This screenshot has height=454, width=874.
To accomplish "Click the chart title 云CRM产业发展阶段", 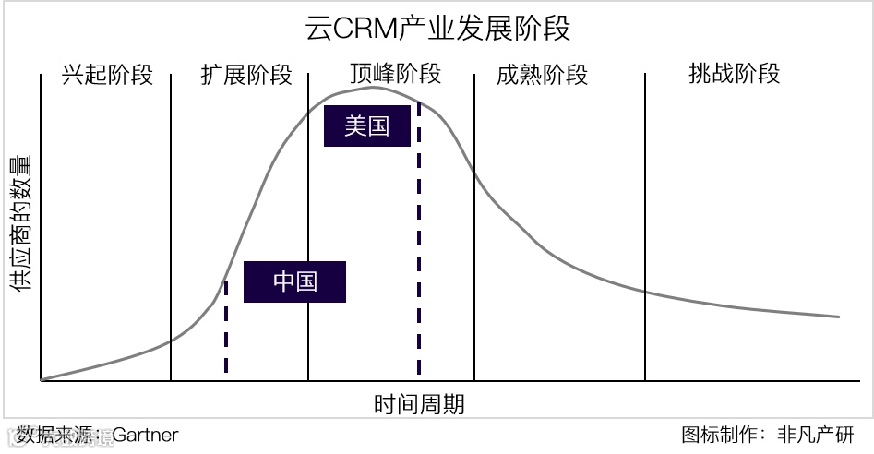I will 437,28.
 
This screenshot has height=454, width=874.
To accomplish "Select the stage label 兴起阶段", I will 106,75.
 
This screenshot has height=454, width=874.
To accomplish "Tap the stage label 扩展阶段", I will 245,75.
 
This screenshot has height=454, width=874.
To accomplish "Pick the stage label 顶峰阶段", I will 395,74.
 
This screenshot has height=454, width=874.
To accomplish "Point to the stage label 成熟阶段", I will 542,75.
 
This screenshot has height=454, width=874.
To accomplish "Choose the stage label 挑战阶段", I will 734,74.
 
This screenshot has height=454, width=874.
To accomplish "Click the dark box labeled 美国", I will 367,126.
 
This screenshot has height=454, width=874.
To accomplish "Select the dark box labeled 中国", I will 294,281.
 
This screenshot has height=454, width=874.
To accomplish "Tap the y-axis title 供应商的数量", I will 20,224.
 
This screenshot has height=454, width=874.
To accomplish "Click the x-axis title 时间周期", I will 419,403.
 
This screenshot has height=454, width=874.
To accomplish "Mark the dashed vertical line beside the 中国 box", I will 226,328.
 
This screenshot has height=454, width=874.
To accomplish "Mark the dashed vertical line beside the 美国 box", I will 419,240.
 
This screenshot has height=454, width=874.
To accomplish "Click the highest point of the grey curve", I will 373,87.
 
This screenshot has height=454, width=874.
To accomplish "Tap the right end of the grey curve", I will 838,317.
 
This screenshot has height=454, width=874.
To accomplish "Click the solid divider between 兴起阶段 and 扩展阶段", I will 171,226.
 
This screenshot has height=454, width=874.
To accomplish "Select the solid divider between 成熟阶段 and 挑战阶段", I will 645,226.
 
